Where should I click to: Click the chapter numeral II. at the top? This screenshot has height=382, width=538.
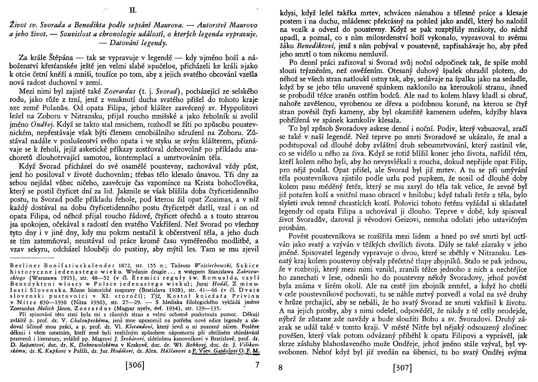pos(133,11)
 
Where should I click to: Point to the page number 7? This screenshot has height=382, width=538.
pos(257,365)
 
